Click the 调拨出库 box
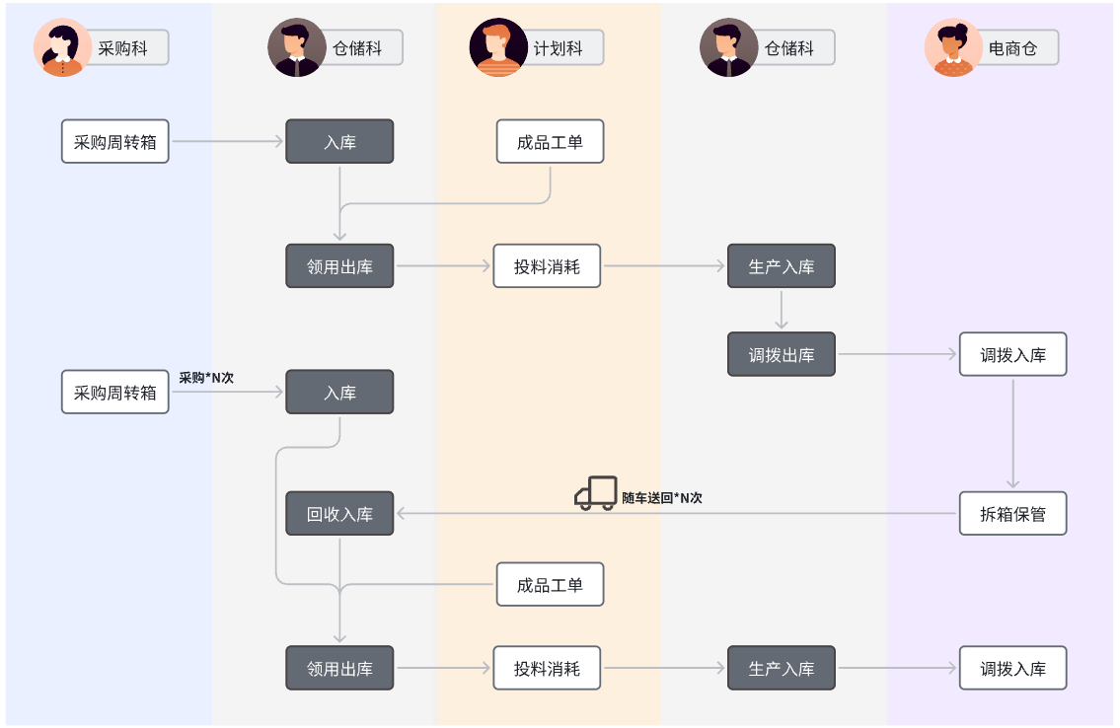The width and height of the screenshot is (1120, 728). click(x=782, y=355)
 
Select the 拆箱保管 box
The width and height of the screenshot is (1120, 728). click(x=1012, y=514)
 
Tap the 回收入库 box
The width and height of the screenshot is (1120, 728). click(x=339, y=514)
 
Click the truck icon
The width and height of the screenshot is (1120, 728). click(x=595, y=494)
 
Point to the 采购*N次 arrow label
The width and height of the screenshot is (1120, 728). click(x=206, y=378)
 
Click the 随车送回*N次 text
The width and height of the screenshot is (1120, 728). click(x=662, y=498)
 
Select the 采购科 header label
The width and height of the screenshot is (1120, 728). click(x=122, y=47)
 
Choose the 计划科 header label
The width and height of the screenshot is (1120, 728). click(x=558, y=47)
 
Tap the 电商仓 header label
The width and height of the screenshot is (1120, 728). click(x=1012, y=47)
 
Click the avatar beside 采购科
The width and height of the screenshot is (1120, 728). click(x=63, y=47)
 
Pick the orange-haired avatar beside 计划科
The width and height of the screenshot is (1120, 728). click(x=498, y=47)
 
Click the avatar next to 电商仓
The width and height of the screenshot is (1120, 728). click(x=953, y=47)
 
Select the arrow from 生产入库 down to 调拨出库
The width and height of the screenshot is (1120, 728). click(x=782, y=310)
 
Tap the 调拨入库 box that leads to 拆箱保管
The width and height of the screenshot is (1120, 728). click(x=1012, y=355)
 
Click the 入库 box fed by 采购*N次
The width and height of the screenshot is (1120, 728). click(x=339, y=393)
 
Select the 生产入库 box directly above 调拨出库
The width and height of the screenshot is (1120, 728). click(x=782, y=266)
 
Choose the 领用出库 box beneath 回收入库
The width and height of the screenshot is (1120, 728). click(x=339, y=669)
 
